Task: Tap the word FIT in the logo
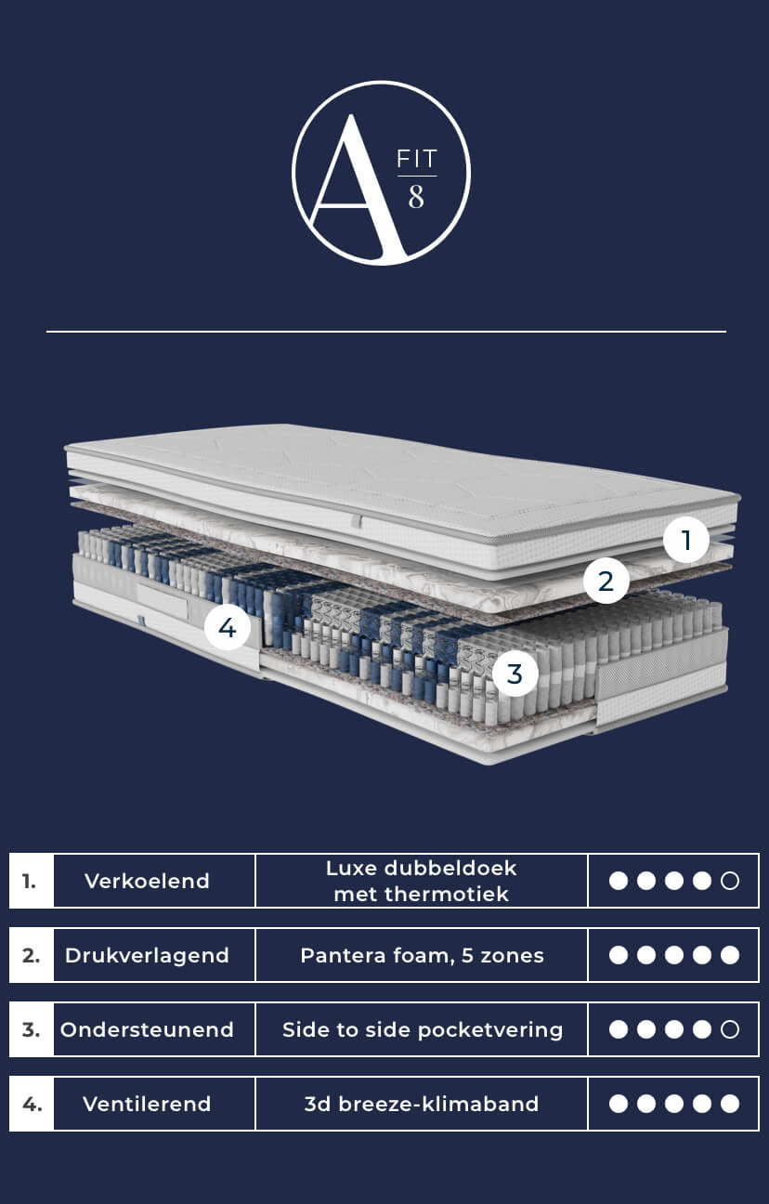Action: tap(417, 159)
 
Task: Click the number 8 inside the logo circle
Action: tap(416, 197)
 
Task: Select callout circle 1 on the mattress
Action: tap(685, 540)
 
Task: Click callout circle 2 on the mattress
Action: tap(606, 581)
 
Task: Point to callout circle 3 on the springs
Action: tap(515, 674)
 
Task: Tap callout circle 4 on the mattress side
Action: tap(228, 627)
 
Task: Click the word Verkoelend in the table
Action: tap(147, 881)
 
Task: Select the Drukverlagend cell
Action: tap(147, 955)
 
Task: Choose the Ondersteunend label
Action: tap(147, 1029)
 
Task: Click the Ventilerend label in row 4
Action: tap(147, 1104)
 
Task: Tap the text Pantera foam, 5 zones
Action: tap(422, 955)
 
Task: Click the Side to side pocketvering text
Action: tap(423, 1029)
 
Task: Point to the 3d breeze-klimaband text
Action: tap(422, 1104)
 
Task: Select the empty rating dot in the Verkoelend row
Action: tap(730, 881)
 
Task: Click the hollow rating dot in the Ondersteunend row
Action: tap(730, 1029)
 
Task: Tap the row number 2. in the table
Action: tap(32, 955)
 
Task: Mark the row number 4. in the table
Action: tap(32, 1104)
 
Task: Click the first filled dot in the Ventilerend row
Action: tap(619, 1104)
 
